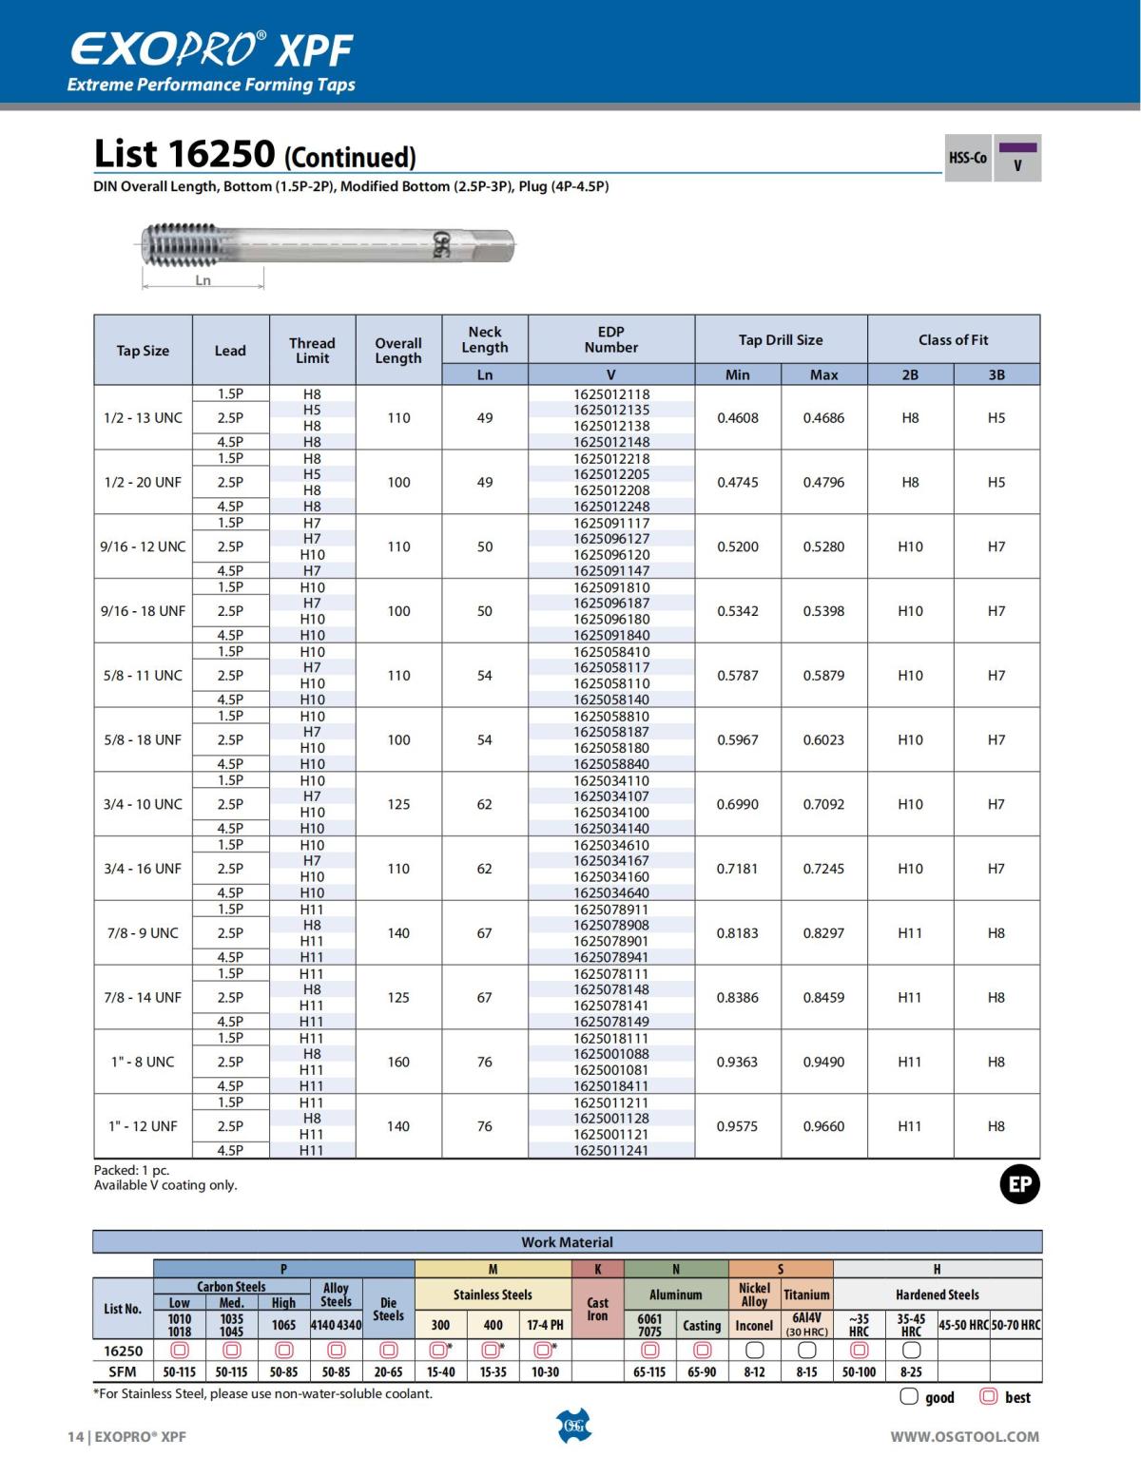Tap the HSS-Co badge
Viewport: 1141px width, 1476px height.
click(x=967, y=158)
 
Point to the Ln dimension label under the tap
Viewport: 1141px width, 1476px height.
click(x=203, y=280)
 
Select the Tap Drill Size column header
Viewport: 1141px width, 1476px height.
click(x=781, y=339)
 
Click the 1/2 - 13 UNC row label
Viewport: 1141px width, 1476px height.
click(x=143, y=417)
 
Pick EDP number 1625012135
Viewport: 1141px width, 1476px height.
click(x=611, y=410)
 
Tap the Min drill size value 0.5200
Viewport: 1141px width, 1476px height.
click(x=738, y=546)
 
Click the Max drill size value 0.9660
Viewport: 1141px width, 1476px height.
click(x=823, y=1126)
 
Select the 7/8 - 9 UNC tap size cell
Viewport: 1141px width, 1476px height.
click(x=143, y=932)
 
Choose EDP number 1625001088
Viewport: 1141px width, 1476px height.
click(x=611, y=1053)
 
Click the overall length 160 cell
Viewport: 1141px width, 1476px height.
click(x=398, y=1062)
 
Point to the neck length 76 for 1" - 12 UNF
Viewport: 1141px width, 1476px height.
click(x=485, y=1126)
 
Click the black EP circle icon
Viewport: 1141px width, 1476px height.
click(x=1019, y=1184)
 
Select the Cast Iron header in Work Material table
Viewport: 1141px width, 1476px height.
click(x=597, y=1309)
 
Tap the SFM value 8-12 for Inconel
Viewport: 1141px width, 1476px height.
click(x=754, y=1371)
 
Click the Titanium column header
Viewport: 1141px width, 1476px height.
click(x=806, y=1294)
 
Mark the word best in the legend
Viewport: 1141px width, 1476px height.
click(x=1017, y=1397)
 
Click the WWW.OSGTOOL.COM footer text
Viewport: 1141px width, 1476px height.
click(x=964, y=1436)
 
